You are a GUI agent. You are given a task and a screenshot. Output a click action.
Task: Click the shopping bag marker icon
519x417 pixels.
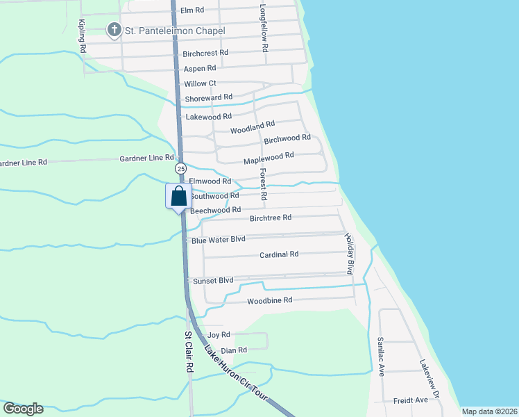pyautogui.click(x=177, y=195)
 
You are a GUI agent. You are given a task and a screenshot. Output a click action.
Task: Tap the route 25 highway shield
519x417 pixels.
pyautogui.click(x=180, y=169)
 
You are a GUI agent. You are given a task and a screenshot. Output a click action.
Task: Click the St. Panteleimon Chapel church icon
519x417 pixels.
pyautogui.click(x=113, y=30)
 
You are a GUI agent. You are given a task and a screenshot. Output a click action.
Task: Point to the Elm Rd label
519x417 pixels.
pyautogui.click(x=192, y=10)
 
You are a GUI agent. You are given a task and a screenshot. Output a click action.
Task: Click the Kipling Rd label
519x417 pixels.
pyautogui.click(x=82, y=35)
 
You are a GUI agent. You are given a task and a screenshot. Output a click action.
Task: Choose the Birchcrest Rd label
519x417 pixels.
pyautogui.click(x=205, y=53)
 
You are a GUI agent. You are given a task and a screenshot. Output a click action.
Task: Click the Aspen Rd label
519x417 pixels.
pyautogui.click(x=200, y=69)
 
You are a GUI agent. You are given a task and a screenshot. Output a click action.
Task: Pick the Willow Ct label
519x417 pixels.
pyautogui.click(x=200, y=83)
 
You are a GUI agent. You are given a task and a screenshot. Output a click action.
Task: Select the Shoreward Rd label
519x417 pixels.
pyautogui.click(x=208, y=97)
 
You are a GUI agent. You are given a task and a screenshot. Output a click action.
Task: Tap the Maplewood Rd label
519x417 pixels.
pyautogui.click(x=269, y=158)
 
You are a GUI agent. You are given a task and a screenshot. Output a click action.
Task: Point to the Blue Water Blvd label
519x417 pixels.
pyautogui.click(x=219, y=239)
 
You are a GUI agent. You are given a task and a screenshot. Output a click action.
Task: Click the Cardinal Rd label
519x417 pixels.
pyautogui.click(x=279, y=254)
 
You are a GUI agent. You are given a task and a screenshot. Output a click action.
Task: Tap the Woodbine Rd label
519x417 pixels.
pyautogui.click(x=270, y=300)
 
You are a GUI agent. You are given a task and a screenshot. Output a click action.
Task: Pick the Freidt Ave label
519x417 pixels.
pyautogui.click(x=411, y=400)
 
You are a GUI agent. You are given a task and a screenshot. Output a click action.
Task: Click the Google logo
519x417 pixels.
pyautogui.click(x=23, y=409)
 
